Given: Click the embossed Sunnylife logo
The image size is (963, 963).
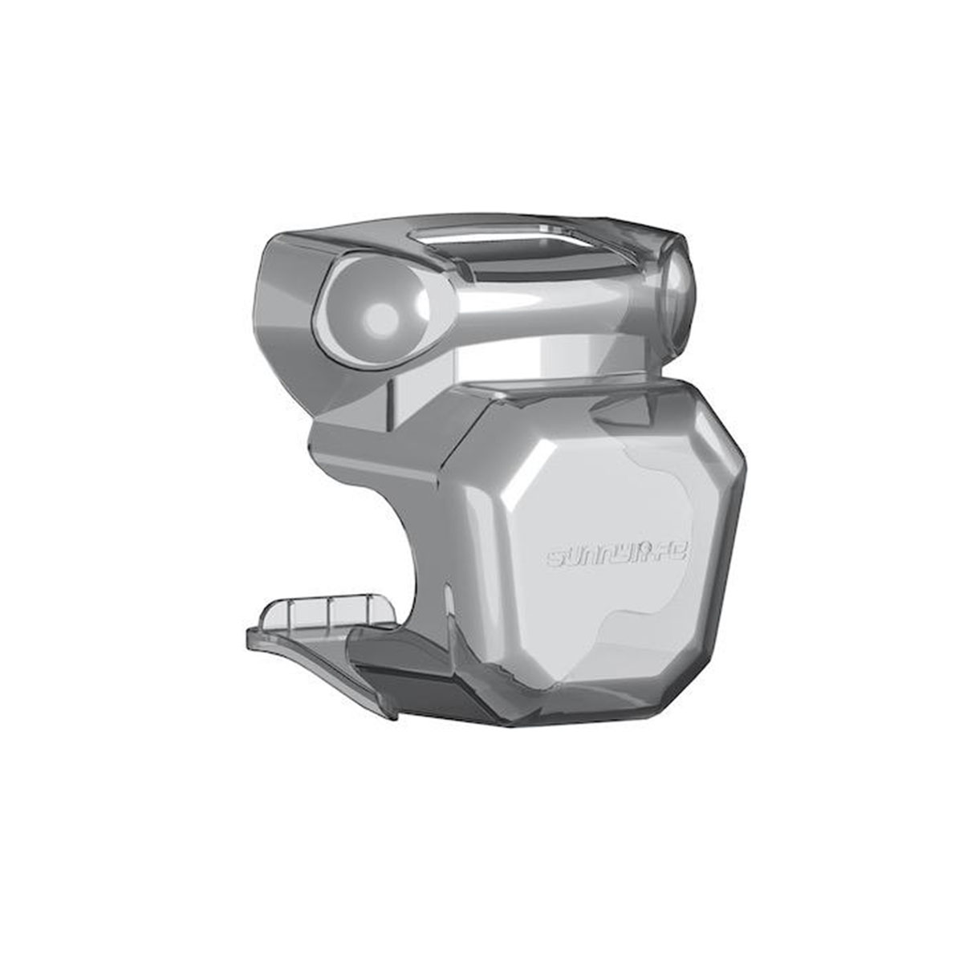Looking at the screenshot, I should point(615,556).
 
